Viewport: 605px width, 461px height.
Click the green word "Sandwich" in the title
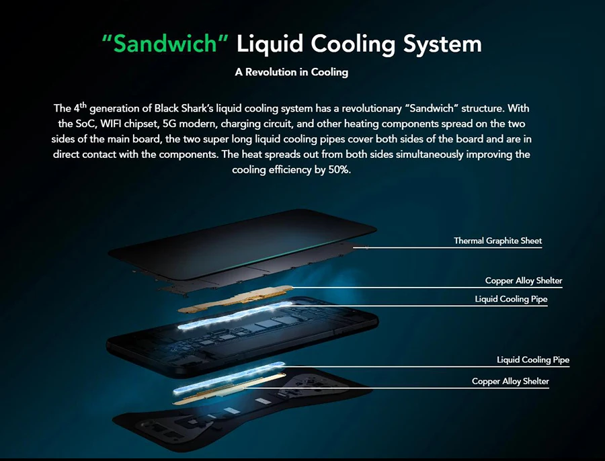tap(166, 44)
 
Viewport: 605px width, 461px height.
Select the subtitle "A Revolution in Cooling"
tap(292, 72)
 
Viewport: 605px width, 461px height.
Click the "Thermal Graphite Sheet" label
tap(497, 241)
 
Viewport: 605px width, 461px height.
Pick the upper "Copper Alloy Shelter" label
tap(524, 281)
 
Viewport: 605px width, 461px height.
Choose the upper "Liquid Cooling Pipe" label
tap(511, 299)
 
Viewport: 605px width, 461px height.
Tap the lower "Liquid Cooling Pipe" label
tap(533, 360)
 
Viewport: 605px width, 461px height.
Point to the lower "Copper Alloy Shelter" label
tap(510, 382)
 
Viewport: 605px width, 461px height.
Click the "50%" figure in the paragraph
tap(337, 170)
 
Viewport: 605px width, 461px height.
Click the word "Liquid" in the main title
tap(271, 44)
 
